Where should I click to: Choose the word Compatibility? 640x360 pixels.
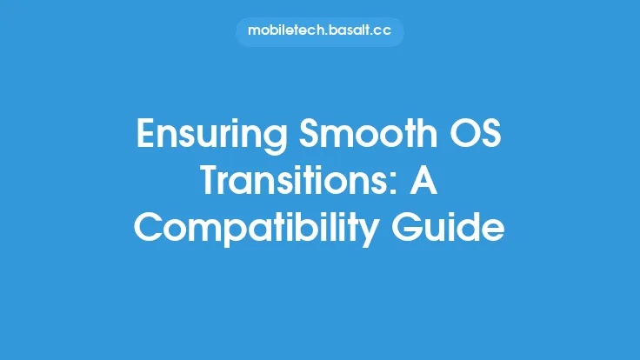256,229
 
